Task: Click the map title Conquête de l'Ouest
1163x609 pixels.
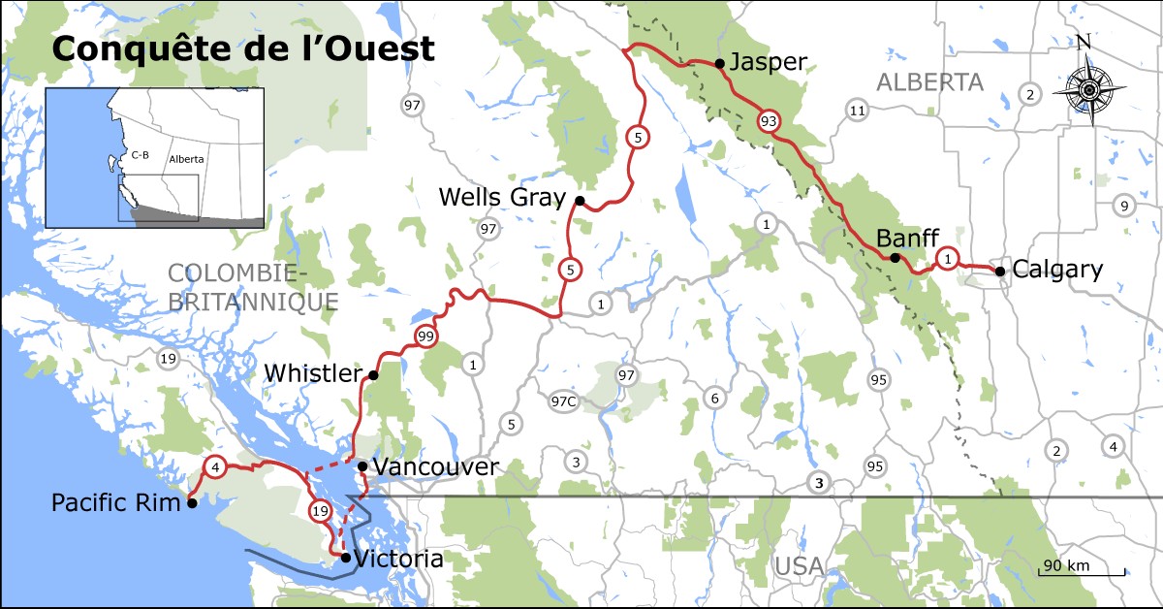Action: (x=242, y=48)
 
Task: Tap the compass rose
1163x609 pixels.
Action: (x=1088, y=89)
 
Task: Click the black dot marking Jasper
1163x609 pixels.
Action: (x=720, y=64)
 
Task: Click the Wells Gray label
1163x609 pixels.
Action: (x=501, y=198)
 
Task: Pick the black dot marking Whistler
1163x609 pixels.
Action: (x=373, y=374)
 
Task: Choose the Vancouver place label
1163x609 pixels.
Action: (x=435, y=467)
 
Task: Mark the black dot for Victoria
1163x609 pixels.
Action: (x=346, y=558)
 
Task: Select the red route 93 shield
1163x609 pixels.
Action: (x=770, y=120)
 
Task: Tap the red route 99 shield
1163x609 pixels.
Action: (x=424, y=337)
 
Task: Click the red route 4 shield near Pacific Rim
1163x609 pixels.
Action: (x=216, y=467)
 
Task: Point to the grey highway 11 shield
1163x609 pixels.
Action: (x=856, y=111)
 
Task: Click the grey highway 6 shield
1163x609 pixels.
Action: (x=715, y=398)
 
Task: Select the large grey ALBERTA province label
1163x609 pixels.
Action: (x=929, y=81)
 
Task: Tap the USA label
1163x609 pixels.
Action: (x=799, y=565)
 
